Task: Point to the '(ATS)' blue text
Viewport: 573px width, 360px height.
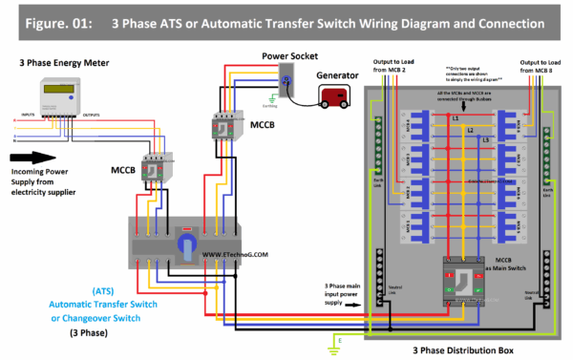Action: click(x=105, y=289)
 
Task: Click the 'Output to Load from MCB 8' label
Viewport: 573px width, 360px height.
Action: click(x=540, y=68)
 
